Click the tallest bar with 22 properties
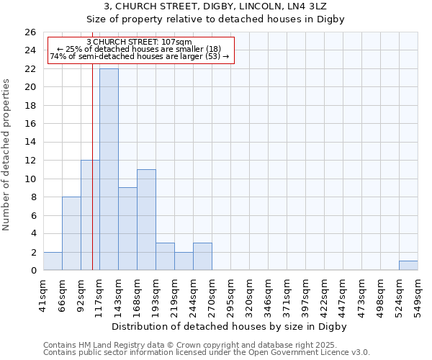click(109, 169)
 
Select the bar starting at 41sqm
click(53, 261)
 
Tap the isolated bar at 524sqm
click(408, 266)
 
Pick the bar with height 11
click(146, 220)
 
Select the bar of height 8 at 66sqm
click(71, 233)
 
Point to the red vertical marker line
click(92, 180)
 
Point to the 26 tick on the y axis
click(30, 32)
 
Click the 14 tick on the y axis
click(30, 143)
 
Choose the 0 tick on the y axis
click(33, 271)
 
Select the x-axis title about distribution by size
click(230, 326)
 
